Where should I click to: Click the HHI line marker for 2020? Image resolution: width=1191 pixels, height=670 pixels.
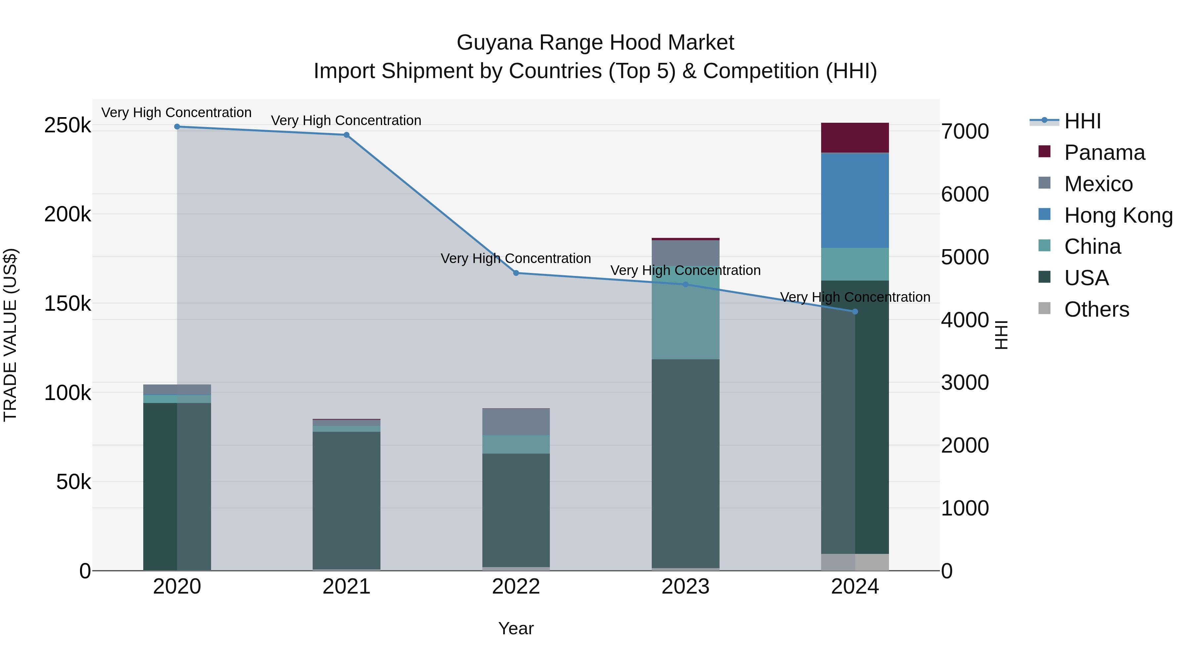coord(177,127)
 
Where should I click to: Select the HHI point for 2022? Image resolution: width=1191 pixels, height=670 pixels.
coord(516,273)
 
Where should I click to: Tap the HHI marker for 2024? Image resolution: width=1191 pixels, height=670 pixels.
coord(855,312)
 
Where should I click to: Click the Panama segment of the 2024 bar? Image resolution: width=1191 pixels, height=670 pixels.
coord(855,138)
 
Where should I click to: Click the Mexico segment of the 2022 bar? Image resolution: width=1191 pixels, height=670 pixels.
coord(516,422)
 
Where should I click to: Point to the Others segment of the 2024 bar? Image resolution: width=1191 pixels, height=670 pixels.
coord(855,562)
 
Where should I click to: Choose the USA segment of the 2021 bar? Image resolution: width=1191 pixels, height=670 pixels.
coord(346,499)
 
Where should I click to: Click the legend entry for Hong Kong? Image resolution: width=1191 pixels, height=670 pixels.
coord(1118,215)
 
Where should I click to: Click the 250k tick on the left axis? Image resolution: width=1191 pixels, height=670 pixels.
coord(67,125)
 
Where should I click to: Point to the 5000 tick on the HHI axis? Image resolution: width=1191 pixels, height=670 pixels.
coord(965,257)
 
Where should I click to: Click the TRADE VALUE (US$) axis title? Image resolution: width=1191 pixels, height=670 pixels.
coord(10,335)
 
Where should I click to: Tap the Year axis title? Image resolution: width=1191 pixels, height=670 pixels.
coord(516,628)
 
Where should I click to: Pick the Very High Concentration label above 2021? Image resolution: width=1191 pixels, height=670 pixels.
coord(346,121)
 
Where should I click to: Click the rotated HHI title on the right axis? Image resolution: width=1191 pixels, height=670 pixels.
coord(1001,335)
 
